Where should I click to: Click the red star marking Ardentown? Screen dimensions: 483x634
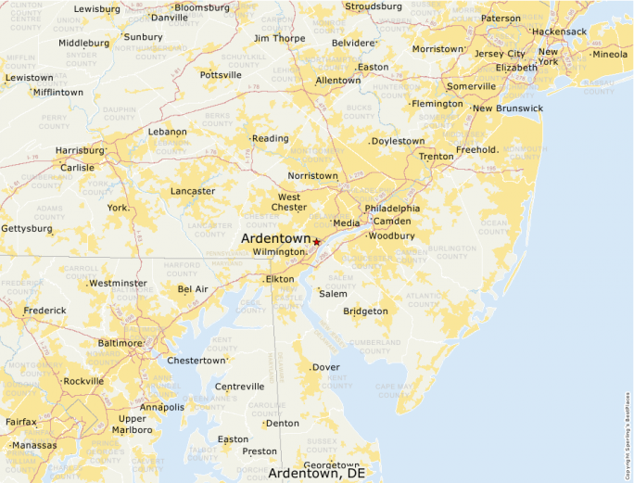click(x=316, y=242)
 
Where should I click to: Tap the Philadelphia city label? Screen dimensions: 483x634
click(x=392, y=209)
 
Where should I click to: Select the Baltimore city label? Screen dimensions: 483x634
click(x=120, y=343)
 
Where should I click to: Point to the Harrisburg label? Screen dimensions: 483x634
click(x=81, y=150)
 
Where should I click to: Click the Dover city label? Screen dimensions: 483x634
click(x=325, y=367)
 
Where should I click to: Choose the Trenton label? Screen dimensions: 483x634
click(x=436, y=157)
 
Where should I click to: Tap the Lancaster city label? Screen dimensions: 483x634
click(x=193, y=192)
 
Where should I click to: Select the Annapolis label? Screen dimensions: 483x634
click(x=161, y=407)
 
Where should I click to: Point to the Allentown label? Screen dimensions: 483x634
click(x=338, y=81)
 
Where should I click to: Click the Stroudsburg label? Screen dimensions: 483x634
click(x=374, y=6)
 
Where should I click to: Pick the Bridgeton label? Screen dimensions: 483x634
click(x=365, y=311)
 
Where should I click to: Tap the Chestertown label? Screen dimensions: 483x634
click(x=196, y=361)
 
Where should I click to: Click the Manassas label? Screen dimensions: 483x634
click(x=32, y=445)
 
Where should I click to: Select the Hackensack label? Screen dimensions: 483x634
click(x=559, y=32)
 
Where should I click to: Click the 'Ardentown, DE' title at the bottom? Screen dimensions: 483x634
click(x=317, y=473)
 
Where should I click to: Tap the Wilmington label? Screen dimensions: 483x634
click(x=279, y=252)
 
